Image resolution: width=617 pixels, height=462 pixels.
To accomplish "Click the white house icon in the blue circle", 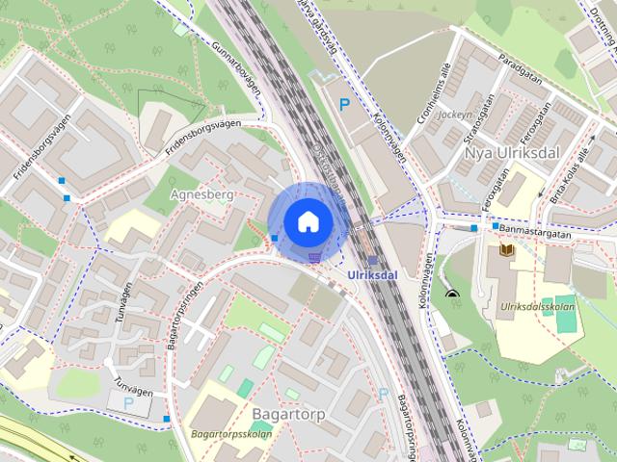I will pyautogui.click(x=308, y=221).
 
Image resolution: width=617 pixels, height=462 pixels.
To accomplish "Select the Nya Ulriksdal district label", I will pyautogui.click(x=511, y=153).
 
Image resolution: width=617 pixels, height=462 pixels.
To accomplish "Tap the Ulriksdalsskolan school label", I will pyautogui.click(x=540, y=308).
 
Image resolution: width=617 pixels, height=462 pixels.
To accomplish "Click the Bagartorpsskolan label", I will pyautogui.click(x=230, y=433).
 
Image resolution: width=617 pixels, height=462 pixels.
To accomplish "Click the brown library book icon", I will pyautogui.click(x=506, y=252).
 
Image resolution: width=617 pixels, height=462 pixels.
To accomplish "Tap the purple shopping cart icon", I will pyautogui.click(x=314, y=256).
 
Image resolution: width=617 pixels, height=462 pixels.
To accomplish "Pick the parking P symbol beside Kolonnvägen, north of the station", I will pyautogui.click(x=344, y=103).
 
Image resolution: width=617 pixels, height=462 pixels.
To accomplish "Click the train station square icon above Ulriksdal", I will pyautogui.click(x=372, y=260).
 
